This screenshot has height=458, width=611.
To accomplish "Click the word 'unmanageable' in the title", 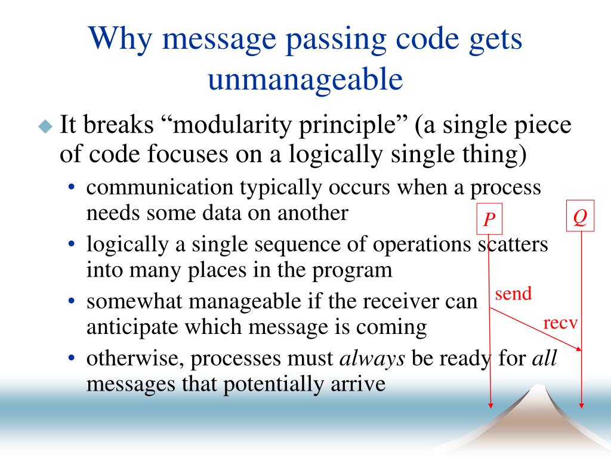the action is [305, 79].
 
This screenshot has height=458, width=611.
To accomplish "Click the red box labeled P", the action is [489, 219].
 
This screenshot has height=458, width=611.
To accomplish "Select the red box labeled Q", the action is [580, 216].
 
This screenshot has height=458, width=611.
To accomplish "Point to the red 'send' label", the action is [513, 293].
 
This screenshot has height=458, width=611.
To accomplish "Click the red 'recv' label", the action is [560, 323].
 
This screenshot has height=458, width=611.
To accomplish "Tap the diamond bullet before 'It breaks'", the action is [45, 126].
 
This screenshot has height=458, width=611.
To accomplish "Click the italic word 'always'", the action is [372, 358].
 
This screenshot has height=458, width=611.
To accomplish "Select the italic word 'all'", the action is [544, 358].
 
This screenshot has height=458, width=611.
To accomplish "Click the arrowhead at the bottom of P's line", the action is [491, 406].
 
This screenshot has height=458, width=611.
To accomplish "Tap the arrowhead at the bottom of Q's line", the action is [581, 406].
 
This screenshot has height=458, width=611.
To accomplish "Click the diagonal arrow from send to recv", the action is [535, 329].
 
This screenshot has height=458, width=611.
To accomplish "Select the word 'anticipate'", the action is [132, 327].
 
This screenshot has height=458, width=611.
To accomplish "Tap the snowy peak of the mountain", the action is [539, 388].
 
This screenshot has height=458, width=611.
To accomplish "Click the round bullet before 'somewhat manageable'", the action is [72, 301].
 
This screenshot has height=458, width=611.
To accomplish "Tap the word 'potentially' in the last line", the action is [273, 385].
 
